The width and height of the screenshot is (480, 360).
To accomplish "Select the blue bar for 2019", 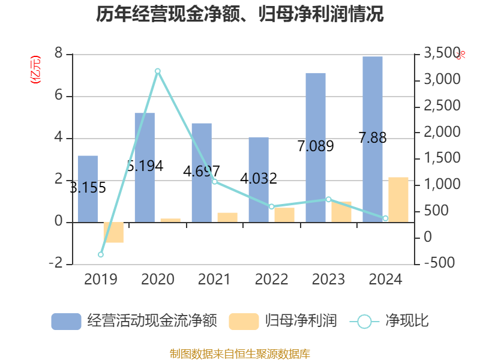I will point(88,189).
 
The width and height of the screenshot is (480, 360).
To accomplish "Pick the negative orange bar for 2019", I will point(113,233).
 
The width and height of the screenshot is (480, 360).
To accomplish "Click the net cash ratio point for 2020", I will point(158,71).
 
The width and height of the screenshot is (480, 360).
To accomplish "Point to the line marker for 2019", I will point(101,254).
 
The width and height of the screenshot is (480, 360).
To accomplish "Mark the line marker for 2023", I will point(328,199).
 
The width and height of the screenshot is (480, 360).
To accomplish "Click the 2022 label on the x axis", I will point(271,279).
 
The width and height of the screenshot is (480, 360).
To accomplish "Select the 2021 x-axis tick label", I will point(214,279).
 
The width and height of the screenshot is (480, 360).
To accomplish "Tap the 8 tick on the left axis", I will point(58,54).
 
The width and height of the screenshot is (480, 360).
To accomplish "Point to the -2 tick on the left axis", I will point(55,264).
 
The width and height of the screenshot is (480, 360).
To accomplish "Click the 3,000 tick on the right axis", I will point(442,80).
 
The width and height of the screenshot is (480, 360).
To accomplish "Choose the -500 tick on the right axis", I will point(439,263).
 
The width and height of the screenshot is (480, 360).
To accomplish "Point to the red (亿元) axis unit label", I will point(35,69).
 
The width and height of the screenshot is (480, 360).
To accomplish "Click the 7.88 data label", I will point(373,138).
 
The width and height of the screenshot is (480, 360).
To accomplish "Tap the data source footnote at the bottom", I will point(240,353).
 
